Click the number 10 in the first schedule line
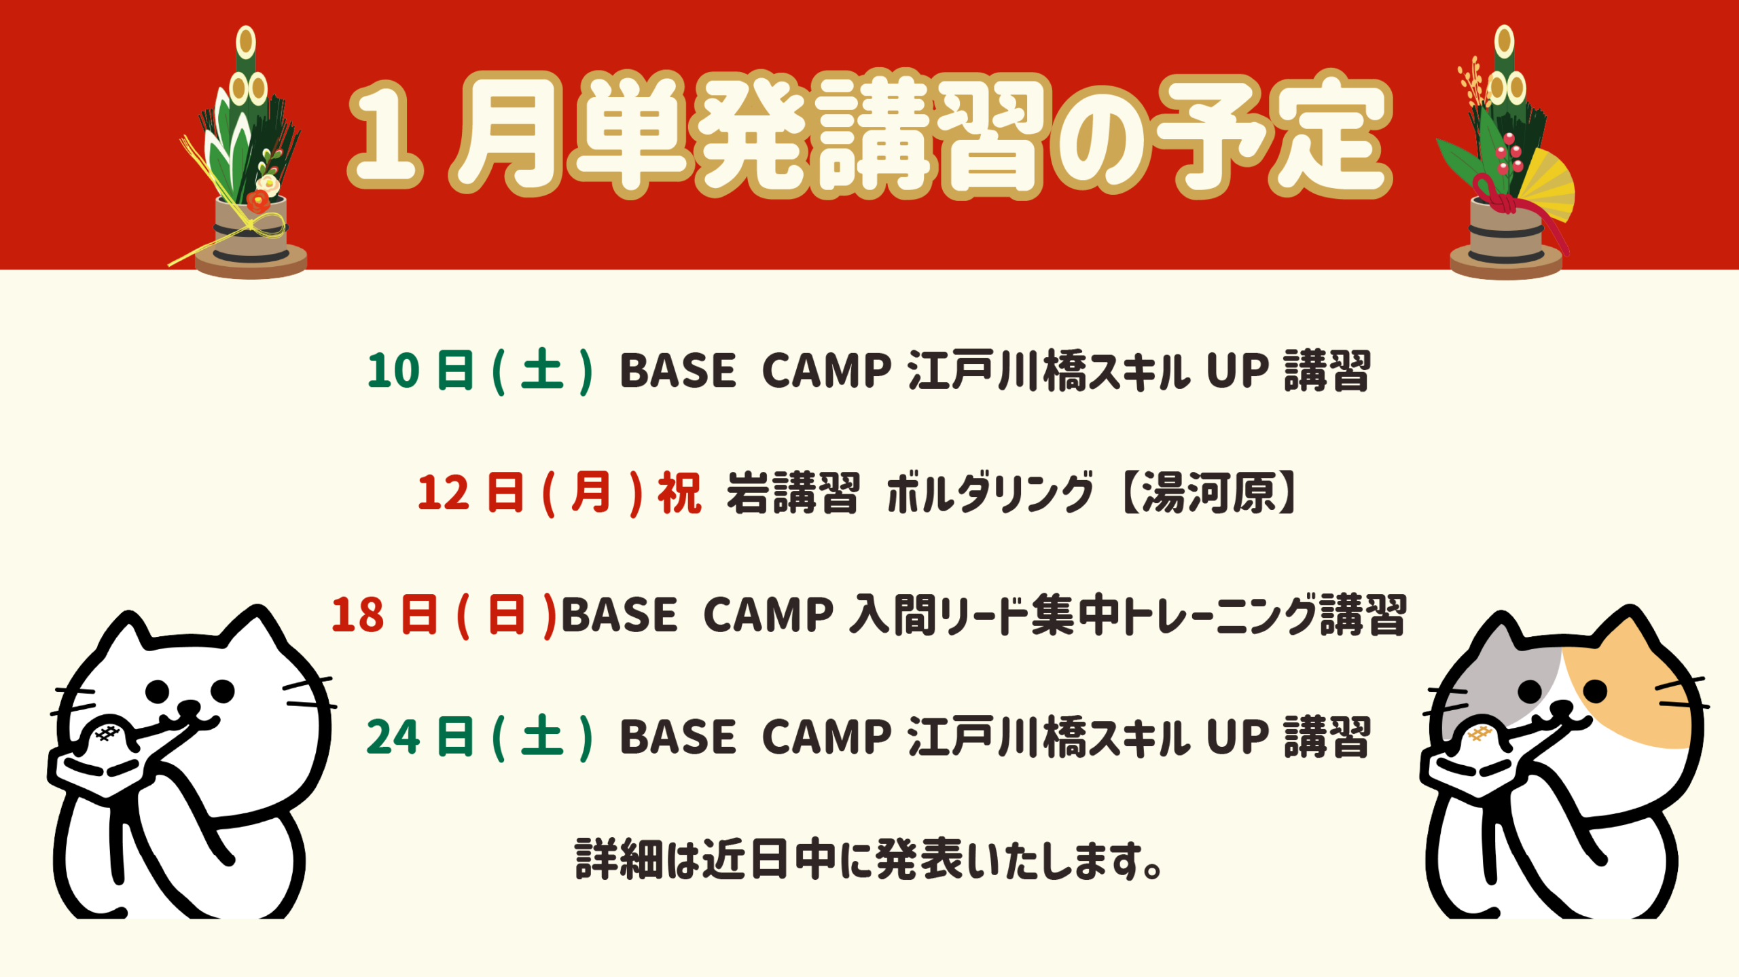393,371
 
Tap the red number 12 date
444,494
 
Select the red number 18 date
357,616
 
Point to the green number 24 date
393,738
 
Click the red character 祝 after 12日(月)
679,494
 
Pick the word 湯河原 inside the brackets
1208,493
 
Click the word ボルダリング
990,493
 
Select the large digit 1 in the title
384,136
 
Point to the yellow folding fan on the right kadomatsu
1545,183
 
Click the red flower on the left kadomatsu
258,200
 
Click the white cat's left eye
158,692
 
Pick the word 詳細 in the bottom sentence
619,860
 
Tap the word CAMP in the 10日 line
826,371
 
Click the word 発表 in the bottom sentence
920,860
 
